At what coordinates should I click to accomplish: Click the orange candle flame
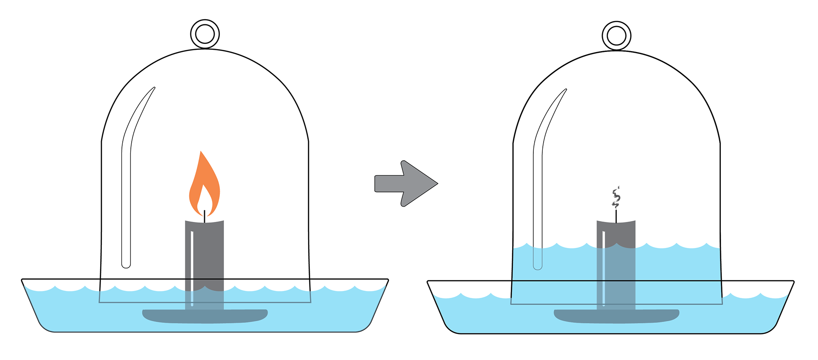[x=197, y=187]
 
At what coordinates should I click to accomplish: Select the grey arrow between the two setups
[x=405, y=184]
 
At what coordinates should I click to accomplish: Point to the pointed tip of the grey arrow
[x=435, y=184]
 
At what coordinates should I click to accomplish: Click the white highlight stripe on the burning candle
[x=192, y=256]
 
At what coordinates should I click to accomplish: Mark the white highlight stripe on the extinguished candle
[x=604, y=264]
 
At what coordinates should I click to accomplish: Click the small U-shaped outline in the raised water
[x=538, y=260]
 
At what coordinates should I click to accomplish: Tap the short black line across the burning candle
[x=204, y=279]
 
